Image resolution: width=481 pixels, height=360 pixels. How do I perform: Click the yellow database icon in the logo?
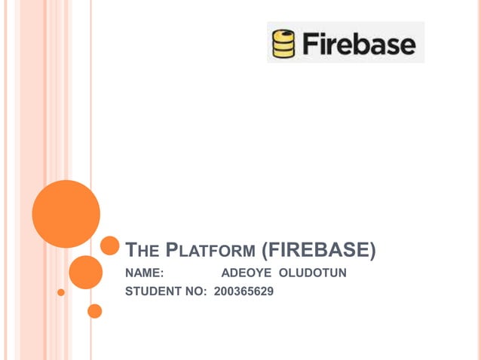(x=283, y=44)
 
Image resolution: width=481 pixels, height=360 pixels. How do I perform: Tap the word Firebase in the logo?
(x=359, y=44)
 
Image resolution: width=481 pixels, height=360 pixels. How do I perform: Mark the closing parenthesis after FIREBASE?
(x=372, y=249)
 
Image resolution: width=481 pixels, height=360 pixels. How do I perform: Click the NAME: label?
(x=145, y=273)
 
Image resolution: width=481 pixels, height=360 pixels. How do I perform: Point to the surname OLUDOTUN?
(x=313, y=273)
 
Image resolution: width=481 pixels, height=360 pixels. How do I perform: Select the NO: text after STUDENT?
(x=198, y=291)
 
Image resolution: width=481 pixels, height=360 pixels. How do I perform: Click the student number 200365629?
(x=244, y=291)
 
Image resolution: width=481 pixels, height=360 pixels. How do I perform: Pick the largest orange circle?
(x=66, y=214)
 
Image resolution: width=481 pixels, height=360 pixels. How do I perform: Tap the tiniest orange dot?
(x=61, y=291)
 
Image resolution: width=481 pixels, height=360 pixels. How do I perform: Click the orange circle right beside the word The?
(x=110, y=246)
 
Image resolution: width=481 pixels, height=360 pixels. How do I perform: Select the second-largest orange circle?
(x=85, y=272)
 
